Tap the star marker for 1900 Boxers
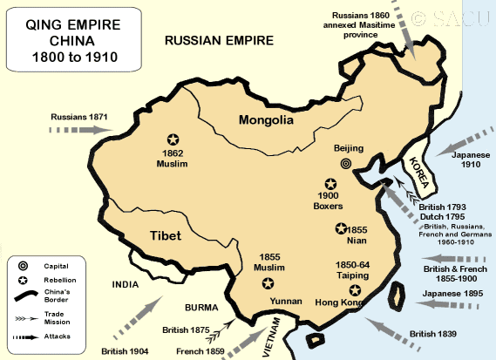pos(330,184)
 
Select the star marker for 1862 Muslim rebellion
pos(173,139)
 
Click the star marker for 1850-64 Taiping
pos(354,290)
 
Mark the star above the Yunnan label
pos(268,283)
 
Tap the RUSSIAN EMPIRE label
pos(219,40)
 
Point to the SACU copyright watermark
pos(454,17)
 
